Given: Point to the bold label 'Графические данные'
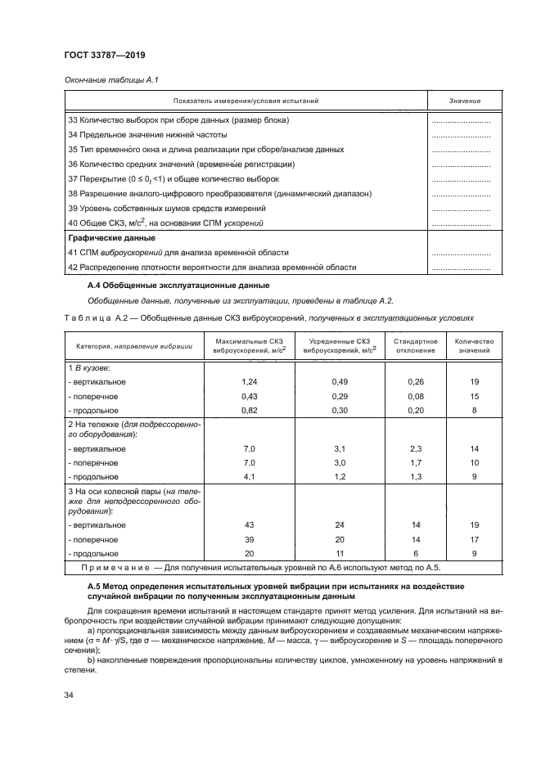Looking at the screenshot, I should (101, 238).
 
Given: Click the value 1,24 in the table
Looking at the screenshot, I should (250, 382).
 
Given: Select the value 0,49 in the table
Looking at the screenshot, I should (340, 382).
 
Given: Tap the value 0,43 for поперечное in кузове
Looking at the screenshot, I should (250, 396).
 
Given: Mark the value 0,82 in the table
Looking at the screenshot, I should (250, 410).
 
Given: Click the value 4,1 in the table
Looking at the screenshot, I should (250, 476).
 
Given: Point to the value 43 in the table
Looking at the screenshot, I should (250, 524).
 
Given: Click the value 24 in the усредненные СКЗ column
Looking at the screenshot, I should (340, 524).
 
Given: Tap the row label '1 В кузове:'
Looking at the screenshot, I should (88, 368).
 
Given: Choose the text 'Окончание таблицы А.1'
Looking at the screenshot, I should (105, 79).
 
